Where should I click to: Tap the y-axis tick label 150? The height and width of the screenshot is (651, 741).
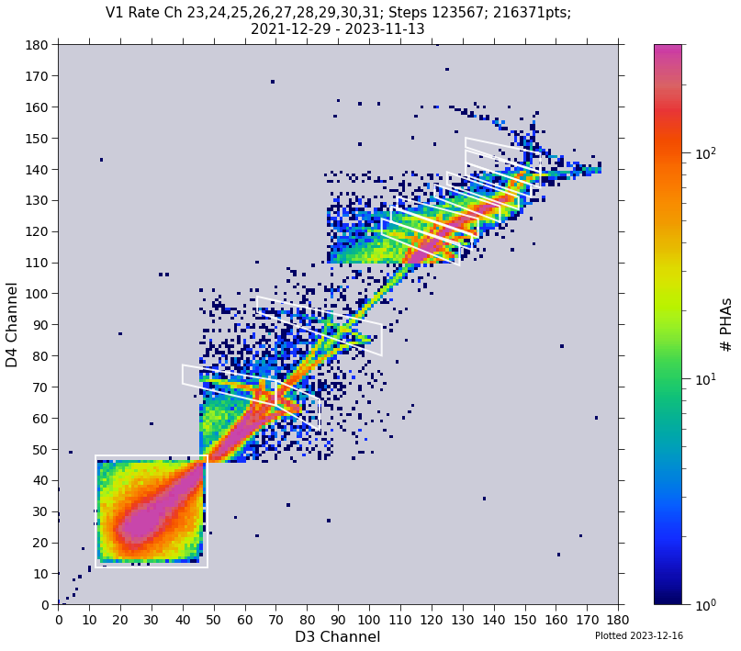(39, 139)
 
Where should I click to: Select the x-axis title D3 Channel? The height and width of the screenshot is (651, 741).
(337, 637)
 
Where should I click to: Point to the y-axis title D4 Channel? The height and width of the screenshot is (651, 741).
(13, 324)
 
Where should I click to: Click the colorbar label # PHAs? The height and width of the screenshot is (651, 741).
(726, 324)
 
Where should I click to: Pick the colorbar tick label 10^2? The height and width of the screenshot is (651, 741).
(704, 153)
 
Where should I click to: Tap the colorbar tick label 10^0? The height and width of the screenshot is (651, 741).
(704, 605)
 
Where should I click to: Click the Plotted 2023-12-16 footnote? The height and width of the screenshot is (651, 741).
(638, 635)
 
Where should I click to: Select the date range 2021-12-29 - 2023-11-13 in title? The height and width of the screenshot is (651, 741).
(337, 29)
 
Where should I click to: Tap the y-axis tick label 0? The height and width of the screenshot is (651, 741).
(46, 605)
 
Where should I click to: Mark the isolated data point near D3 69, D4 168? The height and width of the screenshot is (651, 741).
(273, 82)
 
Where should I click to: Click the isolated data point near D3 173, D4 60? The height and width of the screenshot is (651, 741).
(596, 418)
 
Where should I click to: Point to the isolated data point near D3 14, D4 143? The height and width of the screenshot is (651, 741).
(101, 160)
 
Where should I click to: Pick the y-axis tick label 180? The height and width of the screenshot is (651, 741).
(39, 45)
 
